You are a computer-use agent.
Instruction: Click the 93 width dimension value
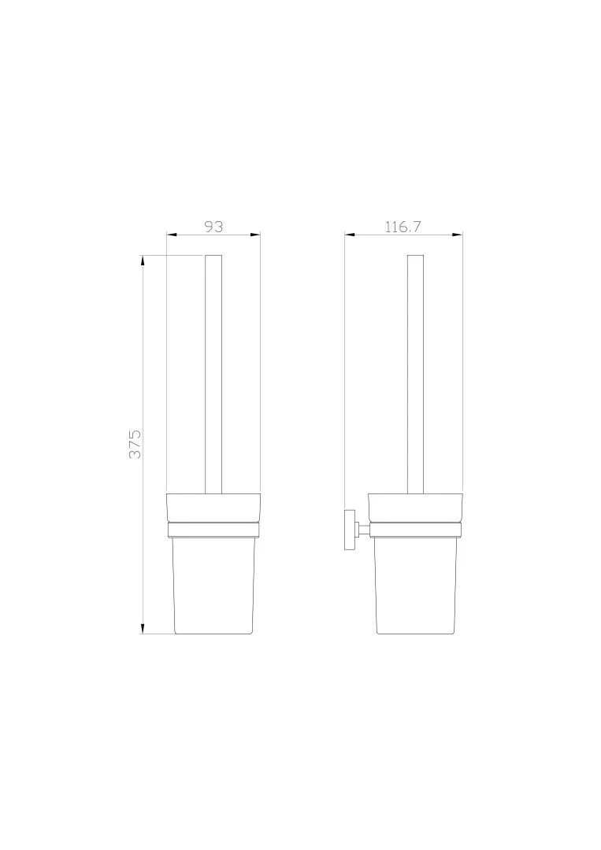pos(213,227)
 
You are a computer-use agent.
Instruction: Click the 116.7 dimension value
pos(403,227)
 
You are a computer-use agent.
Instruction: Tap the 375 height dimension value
pos(135,444)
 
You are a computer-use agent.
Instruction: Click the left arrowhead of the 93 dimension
pos(172,235)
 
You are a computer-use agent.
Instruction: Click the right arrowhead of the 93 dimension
pos(255,235)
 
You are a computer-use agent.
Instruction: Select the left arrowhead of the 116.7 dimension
pos(351,235)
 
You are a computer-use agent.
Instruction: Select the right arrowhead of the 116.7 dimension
pos(457,235)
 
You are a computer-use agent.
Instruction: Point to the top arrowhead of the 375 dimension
pos(143,261)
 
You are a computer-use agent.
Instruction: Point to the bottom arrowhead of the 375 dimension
pos(143,628)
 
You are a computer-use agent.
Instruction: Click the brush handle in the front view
pos(213,374)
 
